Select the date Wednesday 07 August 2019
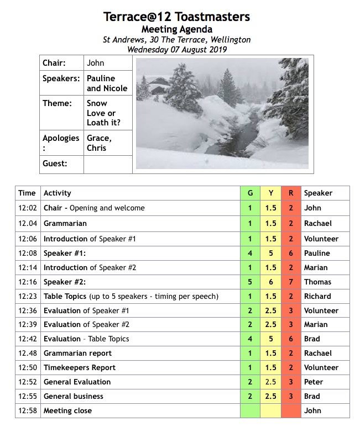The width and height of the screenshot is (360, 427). tap(177, 49)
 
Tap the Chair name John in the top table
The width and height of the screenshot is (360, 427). tap(96, 63)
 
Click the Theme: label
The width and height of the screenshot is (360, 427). tap(58, 103)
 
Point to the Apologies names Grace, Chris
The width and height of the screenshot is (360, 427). tap(100, 143)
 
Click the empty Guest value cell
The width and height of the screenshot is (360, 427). tap(108, 164)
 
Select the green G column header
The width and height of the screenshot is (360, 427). tap(250, 193)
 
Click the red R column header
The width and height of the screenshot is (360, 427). tap(290, 193)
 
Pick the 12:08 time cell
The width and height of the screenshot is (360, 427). tap(27, 254)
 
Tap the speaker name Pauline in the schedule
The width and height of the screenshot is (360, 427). tap(317, 254)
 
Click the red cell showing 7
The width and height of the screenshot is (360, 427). tap(290, 282)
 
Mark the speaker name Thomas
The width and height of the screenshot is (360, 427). tap(317, 282)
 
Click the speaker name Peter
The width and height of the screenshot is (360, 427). tap(313, 382)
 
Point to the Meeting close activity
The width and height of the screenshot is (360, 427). tap(68, 411)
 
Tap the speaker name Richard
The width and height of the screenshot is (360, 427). tap(317, 297)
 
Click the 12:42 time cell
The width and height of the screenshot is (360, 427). tap(27, 339)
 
